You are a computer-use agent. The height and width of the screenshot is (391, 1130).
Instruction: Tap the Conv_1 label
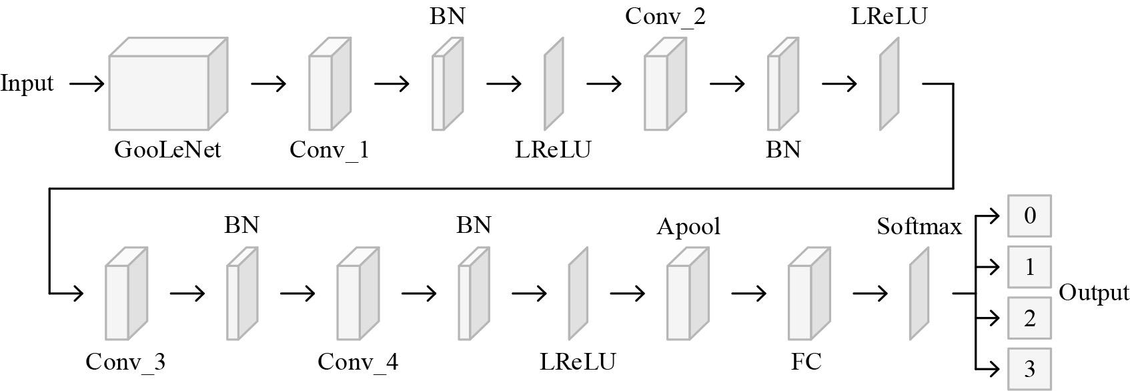click(329, 149)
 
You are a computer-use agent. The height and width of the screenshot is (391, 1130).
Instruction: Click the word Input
click(27, 83)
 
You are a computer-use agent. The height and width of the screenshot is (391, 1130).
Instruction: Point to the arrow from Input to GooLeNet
click(87, 83)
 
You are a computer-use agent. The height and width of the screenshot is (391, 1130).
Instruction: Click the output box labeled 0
click(1029, 216)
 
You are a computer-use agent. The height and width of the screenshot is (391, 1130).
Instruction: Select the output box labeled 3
click(1029, 369)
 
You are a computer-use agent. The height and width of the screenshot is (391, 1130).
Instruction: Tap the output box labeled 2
click(1029, 318)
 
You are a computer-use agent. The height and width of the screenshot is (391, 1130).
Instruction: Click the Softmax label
click(919, 227)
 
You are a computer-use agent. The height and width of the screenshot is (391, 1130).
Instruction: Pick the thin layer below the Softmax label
click(919, 294)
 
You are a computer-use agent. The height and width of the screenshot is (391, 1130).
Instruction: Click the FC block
click(808, 294)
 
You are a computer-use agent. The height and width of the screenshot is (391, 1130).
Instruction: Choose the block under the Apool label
click(687, 294)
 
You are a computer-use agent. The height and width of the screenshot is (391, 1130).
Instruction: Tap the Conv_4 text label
click(358, 362)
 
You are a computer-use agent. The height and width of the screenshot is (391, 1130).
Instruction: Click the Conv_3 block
click(125, 294)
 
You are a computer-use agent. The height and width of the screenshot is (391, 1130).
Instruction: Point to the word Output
click(1094, 293)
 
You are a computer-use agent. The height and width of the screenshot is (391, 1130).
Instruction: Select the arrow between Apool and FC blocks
click(748, 293)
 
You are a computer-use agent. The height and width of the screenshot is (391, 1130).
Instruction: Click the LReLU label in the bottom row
click(578, 362)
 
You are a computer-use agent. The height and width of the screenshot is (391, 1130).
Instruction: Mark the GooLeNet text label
click(167, 149)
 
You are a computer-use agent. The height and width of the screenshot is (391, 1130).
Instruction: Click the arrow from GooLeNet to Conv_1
click(268, 83)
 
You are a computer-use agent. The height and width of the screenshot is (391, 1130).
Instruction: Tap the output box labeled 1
click(1029, 267)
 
